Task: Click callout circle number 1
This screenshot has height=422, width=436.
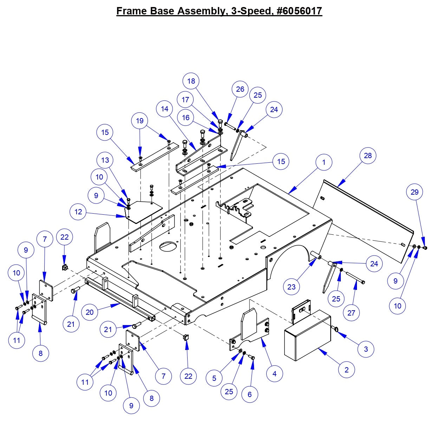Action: pyautogui.click(x=324, y=162)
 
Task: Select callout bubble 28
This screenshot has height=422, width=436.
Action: pyautogui.click(x=367, y=155)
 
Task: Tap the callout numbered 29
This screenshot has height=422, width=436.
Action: pyautogui.click(x=415, y=192)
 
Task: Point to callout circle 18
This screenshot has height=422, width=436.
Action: pyautogui.click(x=191, y=81)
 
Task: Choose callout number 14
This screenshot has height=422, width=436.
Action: pyautogui.click(x=165, y=109)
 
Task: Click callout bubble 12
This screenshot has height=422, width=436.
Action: pyautogui.click(x=78, y=212)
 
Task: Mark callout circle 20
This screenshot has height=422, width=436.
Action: pyautogui.click(x=90, y=312)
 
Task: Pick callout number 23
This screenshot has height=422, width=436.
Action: pyautogui.click(x=292, y=287)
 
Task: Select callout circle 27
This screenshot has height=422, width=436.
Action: pyautogui.click(x=351, y=312)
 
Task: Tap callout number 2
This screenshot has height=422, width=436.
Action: pyautogui.click(x=347, y=370)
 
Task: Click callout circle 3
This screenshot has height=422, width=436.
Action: pyautogui.click(x=366, y=349)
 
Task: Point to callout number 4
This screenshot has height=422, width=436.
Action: pyautogui.click(x=274, y=374)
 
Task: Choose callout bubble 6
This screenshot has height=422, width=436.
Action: pyautogui.click(x=249, y=394)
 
